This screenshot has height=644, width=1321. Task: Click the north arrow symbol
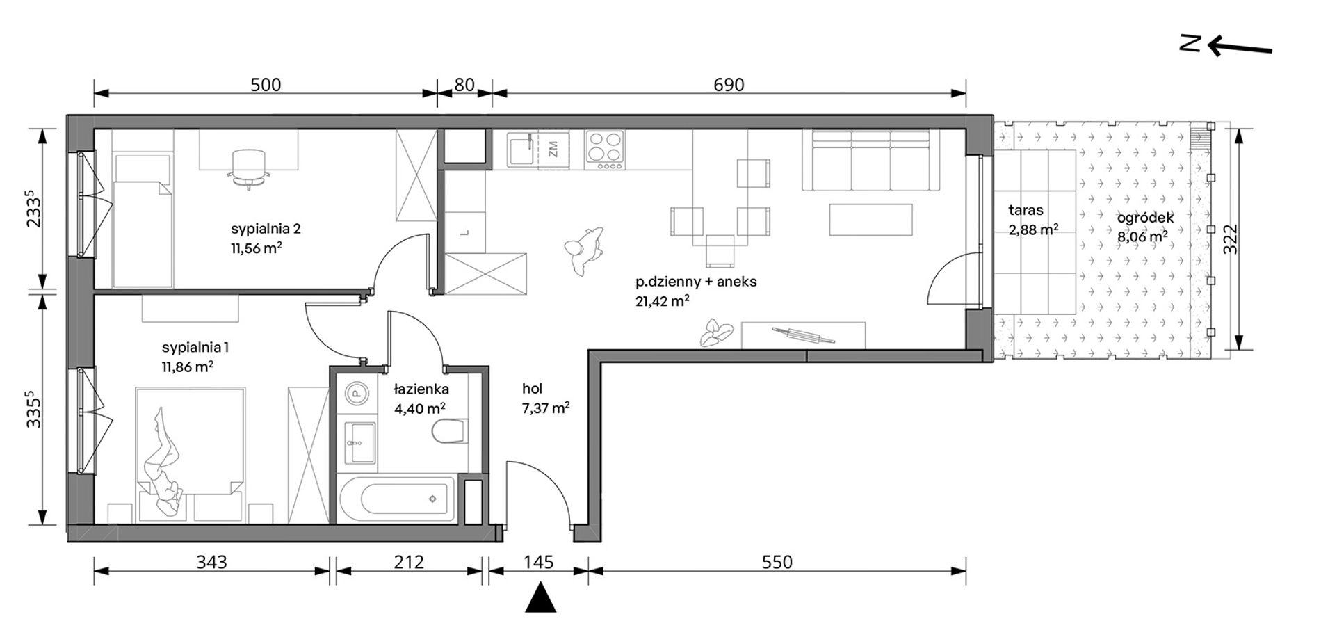[1226, 47]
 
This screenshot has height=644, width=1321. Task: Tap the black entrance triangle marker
[541, 598]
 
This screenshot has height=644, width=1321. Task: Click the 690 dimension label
[729, 85]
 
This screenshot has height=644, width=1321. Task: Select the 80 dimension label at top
[464, 85]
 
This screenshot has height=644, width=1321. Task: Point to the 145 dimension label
[538, 561]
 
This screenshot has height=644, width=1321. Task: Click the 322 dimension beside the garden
[1230, 239]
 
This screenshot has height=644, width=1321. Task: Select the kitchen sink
[522, 150]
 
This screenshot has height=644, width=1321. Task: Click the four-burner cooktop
[603, 150]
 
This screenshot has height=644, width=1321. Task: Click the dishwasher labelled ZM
[554, 150]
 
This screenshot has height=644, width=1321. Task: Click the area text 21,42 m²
[662, 300]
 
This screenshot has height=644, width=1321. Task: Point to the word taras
[1026, 209]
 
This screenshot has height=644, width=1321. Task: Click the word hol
[532, 389]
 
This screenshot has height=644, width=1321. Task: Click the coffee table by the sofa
[870, 219]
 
